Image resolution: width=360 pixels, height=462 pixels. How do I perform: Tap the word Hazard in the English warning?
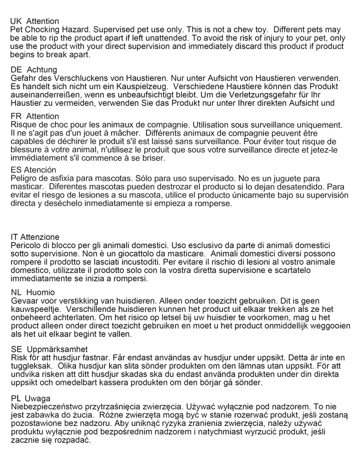pos(75,30)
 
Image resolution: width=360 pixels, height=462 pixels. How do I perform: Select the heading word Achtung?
pos(42,69)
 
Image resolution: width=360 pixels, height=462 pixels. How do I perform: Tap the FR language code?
pos(16,116)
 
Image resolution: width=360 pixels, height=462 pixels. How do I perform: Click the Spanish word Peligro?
pos(24,179)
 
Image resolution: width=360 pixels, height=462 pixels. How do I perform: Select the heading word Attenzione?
pos(39,237)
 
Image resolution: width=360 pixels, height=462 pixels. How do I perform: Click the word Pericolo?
pos(26,246)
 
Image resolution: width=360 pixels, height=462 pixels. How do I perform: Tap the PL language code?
pos(15,398)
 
